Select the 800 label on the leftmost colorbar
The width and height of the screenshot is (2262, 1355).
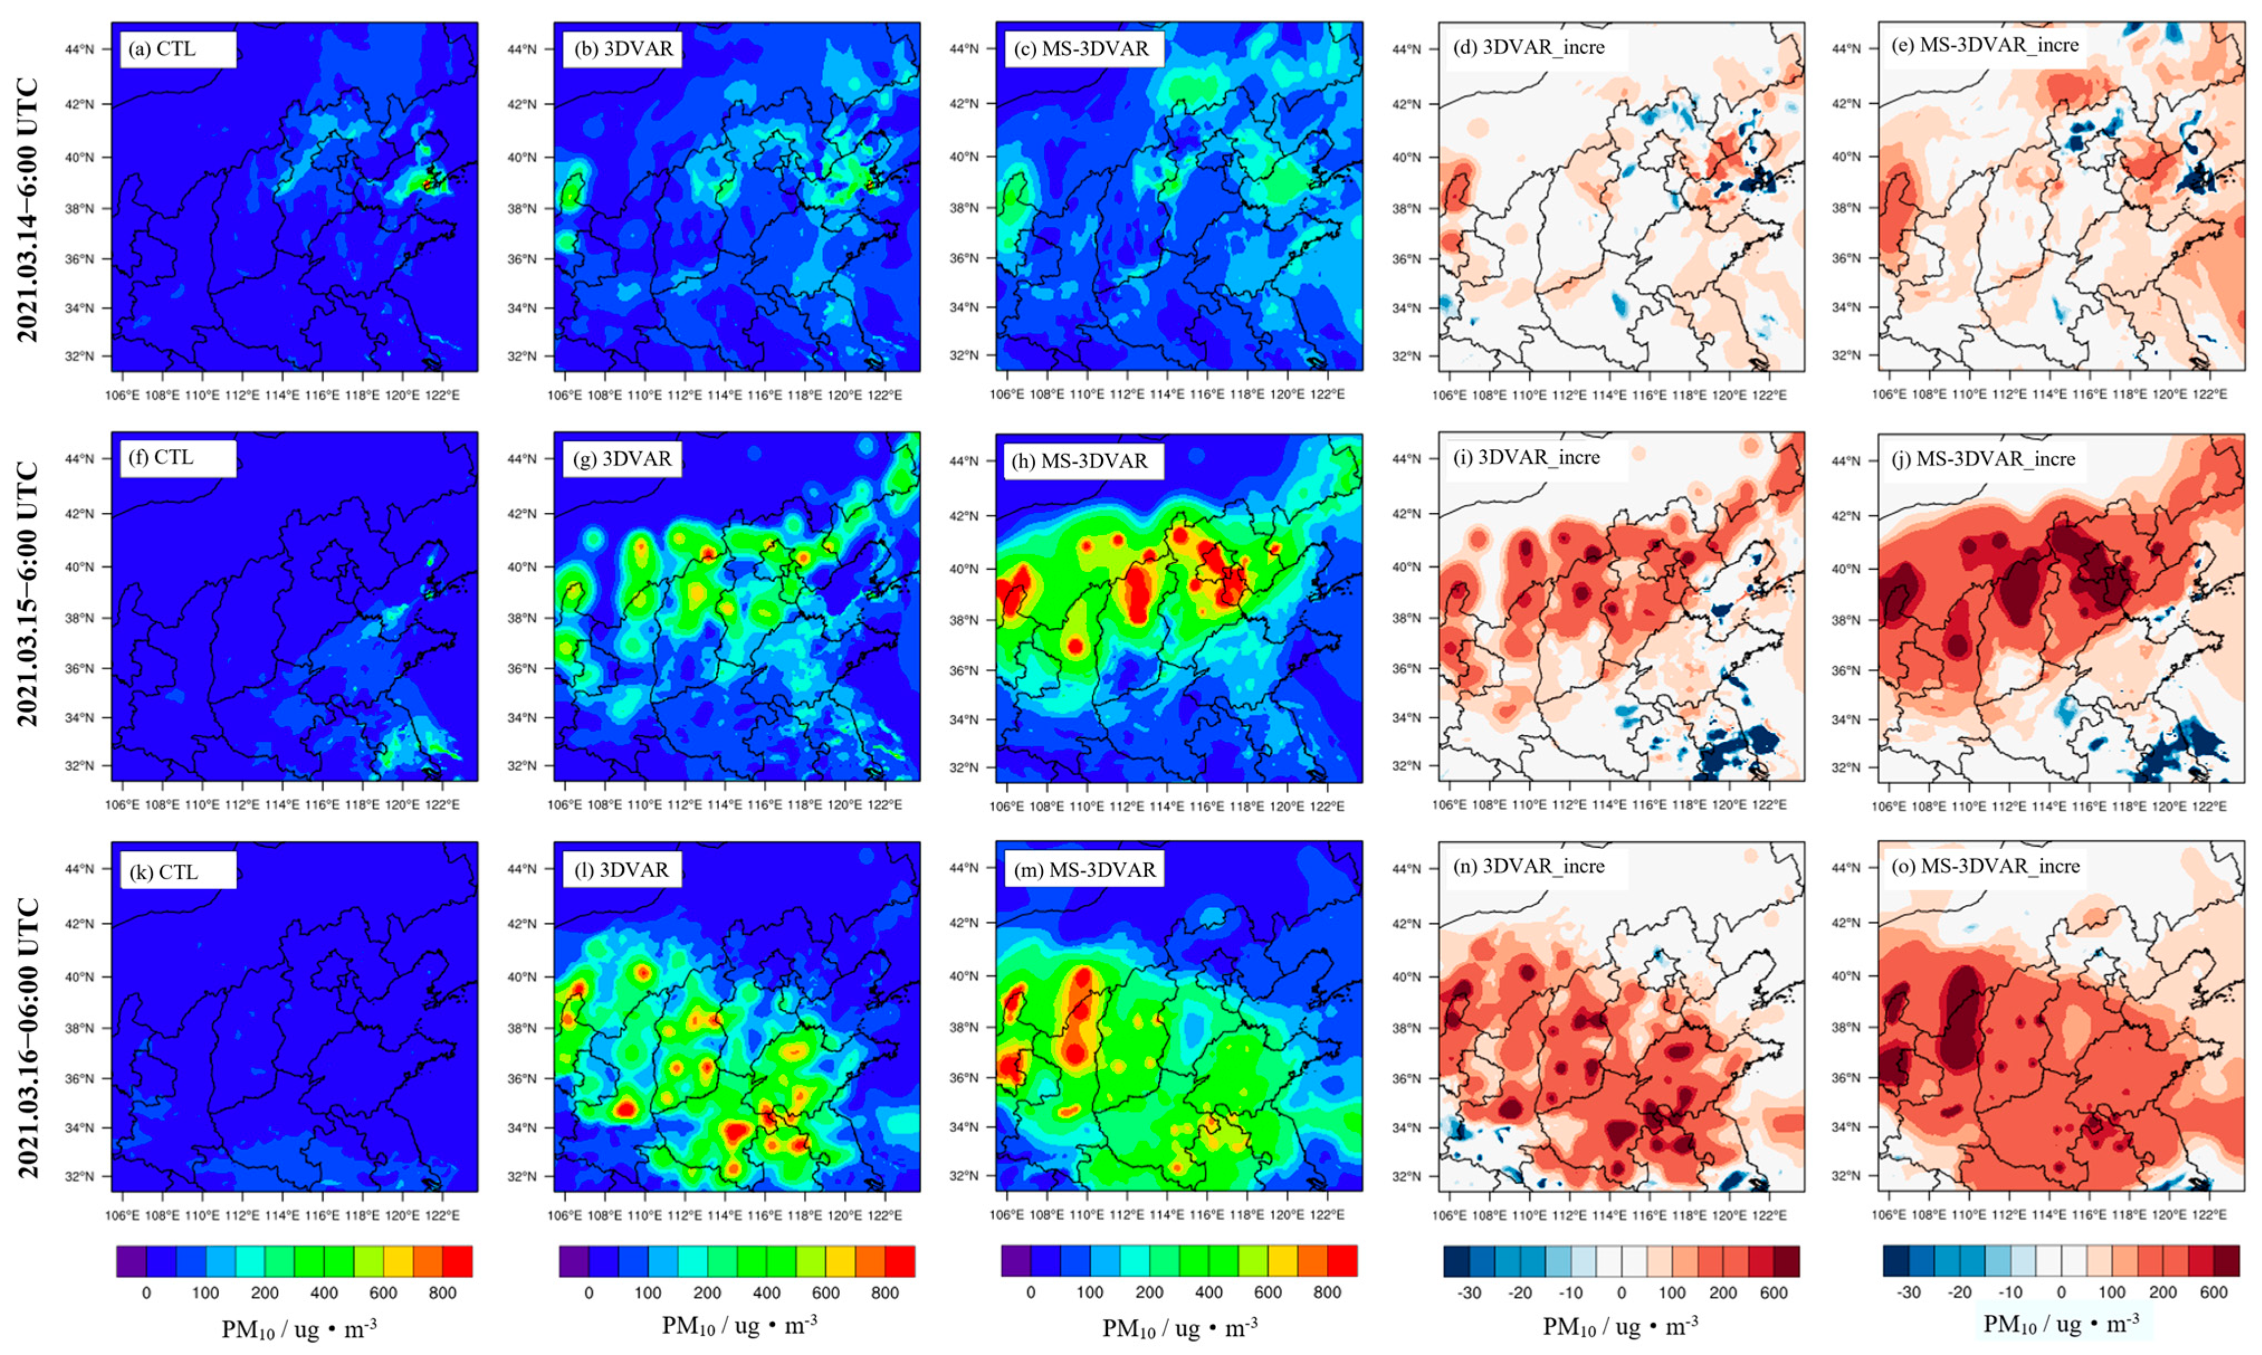pos(443,1293)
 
